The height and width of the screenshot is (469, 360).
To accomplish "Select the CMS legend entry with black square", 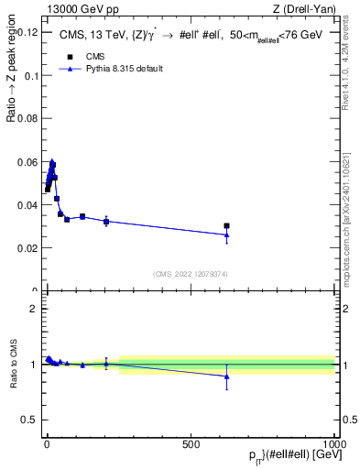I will tap(87, 56).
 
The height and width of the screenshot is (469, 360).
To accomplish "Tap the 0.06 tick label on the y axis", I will tap(25, 162).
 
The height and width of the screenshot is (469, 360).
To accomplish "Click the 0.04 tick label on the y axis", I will tap(25, 205).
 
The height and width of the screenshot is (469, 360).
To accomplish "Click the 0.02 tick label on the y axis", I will tap(25, 248).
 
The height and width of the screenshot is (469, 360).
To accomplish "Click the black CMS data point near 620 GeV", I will tap(226, 225).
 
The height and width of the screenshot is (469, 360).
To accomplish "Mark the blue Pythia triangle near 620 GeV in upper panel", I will tap(226, 235).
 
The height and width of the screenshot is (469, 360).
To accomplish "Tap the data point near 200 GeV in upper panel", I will tap(106, 222).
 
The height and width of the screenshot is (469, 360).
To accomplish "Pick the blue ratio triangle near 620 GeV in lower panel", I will tap(226, 376).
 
